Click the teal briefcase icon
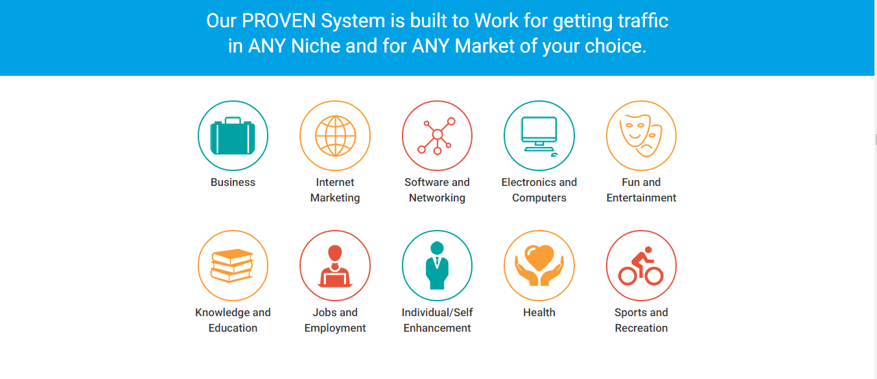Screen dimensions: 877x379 coord(233,135)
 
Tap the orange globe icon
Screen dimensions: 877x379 coord(335,135)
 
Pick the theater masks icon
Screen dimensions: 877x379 coord(641,135)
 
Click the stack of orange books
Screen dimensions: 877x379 coord(233,265)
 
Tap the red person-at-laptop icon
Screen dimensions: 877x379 coord(334,266)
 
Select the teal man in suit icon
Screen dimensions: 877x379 coord(437,266)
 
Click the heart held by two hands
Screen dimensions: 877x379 coord(539,265)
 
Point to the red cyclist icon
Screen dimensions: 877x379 coord(641,266)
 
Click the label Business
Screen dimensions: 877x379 coord(233,182)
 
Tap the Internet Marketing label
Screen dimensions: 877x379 coord(335,190)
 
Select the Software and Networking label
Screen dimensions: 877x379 coord(437,190)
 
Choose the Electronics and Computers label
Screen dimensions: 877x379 coord(539,190)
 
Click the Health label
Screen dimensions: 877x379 coord(539,312)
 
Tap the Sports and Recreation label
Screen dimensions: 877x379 coord(641,320)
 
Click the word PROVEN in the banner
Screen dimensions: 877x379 coord(279,21)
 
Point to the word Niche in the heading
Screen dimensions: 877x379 coord(316,46)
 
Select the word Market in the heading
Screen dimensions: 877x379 coord(485,46)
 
